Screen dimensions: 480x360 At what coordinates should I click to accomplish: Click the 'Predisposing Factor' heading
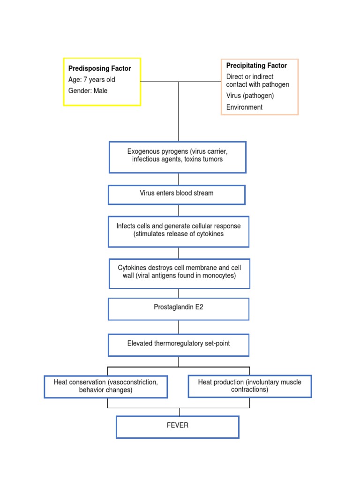99,68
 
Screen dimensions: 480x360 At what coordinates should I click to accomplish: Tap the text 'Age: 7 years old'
91,80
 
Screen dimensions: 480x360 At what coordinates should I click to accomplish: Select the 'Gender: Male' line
88,91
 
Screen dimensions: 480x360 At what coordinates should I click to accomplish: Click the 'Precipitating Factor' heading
256,66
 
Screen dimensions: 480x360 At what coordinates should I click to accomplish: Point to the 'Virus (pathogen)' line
250,96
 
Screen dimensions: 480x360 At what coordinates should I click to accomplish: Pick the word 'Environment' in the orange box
244,107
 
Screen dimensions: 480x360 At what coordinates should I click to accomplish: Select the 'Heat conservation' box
106,386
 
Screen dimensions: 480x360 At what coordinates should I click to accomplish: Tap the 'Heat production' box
249,386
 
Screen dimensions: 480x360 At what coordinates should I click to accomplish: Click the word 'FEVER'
178,426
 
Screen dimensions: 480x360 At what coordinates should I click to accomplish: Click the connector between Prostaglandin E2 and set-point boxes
179,327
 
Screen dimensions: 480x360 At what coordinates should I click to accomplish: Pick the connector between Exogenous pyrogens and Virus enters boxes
179,179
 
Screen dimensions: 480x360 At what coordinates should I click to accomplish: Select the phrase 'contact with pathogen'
257,85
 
